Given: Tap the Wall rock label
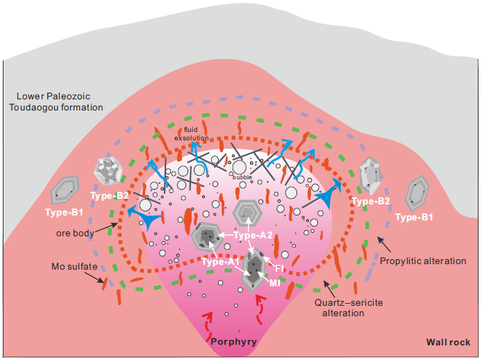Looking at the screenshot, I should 447,342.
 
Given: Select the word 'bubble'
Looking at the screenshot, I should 242,177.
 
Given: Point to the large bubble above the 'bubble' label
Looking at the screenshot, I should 239,167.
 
